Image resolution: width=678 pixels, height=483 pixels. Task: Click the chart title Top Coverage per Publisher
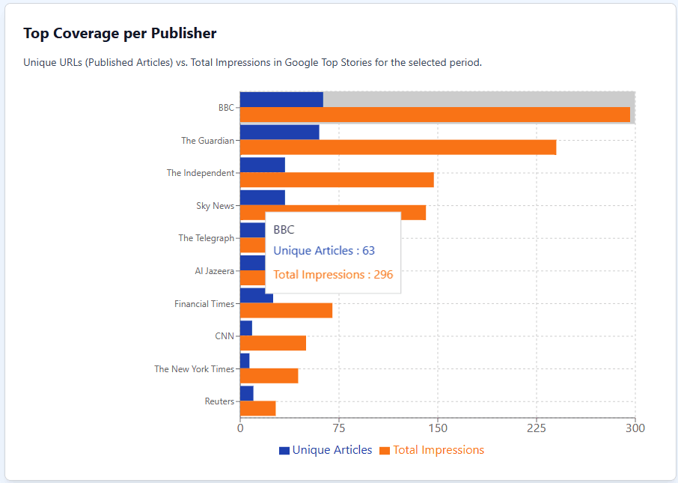pos(120,34)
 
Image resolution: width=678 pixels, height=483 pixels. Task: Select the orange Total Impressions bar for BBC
pos(435,115)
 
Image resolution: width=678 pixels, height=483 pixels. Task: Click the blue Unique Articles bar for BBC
pos(281,100)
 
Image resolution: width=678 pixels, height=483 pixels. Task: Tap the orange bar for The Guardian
pos(398,148)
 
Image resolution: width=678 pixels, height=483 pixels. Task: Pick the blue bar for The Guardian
pos(279,133)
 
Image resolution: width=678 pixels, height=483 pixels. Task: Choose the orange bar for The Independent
pos(337,180)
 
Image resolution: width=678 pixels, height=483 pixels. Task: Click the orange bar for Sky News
pos(333,213)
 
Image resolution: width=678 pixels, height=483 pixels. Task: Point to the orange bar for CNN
pos(273,343)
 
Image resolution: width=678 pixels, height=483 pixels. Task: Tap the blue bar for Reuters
pos(247,393)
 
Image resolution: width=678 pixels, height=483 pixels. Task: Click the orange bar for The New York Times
pos(269,376)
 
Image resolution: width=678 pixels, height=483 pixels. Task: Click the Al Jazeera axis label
pos(214,271)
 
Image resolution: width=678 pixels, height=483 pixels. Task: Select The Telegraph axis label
pos(206,238)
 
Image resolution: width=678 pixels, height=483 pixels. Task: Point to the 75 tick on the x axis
pos(339,429)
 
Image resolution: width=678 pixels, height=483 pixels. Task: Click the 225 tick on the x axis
pos(537,429)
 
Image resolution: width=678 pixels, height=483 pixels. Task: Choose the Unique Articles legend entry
pos(326,450)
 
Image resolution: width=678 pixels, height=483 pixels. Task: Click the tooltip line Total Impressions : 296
pos(333,275)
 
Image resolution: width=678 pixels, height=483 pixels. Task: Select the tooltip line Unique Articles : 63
pos(324,251)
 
